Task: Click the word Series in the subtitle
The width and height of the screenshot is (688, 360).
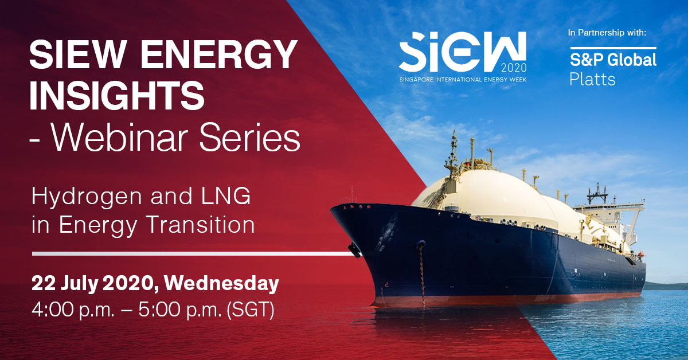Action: pyautogui.click(x=249, y=138)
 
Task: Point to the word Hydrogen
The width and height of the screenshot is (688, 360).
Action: pyautogui.click(x=87, y=198)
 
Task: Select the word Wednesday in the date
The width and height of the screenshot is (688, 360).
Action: pyautogui.click(x=221, y=283)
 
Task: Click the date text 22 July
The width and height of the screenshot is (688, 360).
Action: pyautogui.click(x=64, y=284)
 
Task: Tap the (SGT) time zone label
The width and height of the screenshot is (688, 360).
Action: pyautogui.click(x=250, y=310)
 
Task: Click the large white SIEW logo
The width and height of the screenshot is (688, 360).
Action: pyautogui.click(x=462, y=52)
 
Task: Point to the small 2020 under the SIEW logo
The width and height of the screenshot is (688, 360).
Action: pyautogui.click(x=514, y=68)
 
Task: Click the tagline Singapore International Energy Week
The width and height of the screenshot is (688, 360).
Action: pyautogui.click(x=463, y=80)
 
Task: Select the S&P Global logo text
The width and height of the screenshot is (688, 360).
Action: pyautogui.click(x=613, y=60)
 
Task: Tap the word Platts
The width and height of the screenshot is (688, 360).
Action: pyautogui.click(x=592, y=79)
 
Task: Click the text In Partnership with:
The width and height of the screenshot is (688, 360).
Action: pyautogui.click(x=607, y=33)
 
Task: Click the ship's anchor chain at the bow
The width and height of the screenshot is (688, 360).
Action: pyautogui.click(x=422, y=273)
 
